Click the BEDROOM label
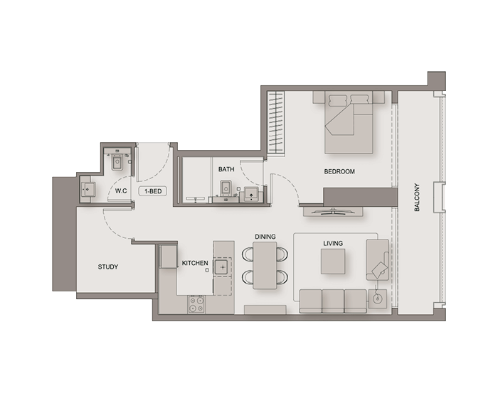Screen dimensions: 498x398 click(339, 172)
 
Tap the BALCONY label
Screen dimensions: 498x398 click(417, 197)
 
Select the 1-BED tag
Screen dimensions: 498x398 click(153, 191)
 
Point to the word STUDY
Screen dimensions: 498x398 click(108, 267)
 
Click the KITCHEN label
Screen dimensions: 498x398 click(195, 263)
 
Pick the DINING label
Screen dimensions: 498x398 click(265, 237)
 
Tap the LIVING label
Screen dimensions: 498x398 click(333, 244)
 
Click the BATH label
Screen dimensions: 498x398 click(226, 169)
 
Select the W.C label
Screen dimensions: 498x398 click(121, 191)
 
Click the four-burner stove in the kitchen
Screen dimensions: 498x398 click(196, 304)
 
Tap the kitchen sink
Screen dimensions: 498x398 click(223, 267)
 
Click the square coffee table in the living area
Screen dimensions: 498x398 click(333, 262)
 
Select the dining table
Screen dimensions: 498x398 click(265, 265)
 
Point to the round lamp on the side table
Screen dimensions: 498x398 click(377, 298)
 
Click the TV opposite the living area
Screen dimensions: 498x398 click(333, 212)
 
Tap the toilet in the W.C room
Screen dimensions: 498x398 click(117, 162)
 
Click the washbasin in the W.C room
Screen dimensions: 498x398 click(88, 190)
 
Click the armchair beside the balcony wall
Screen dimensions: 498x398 click(378, 259)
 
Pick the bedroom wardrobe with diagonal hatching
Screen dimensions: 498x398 click(276, 122)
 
